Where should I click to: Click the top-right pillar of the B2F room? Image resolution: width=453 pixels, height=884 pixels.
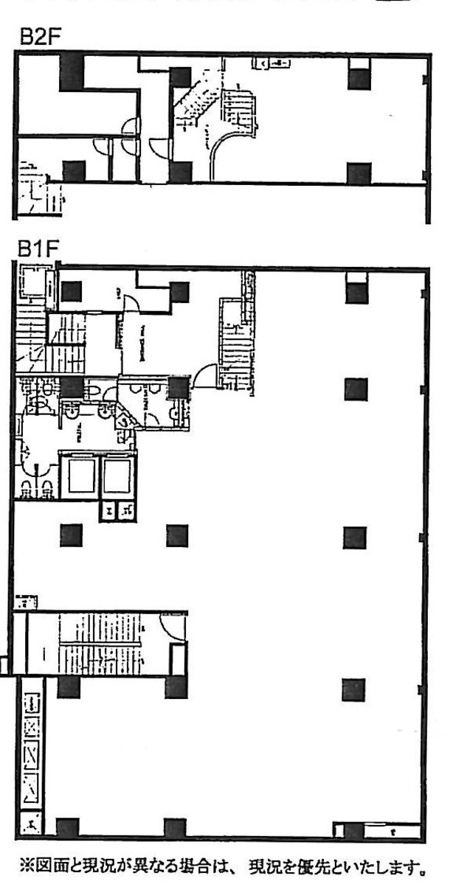[358, 77]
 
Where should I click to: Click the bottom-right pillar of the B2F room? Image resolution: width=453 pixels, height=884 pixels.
[358, 174]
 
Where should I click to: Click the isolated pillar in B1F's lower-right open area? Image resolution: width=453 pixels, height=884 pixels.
[355, 689]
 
